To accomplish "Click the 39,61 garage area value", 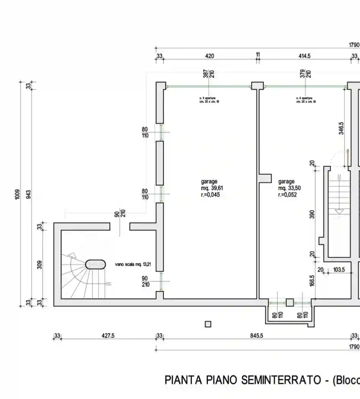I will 215,188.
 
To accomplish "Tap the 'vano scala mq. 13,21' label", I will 133,264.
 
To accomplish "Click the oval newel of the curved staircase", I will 95,264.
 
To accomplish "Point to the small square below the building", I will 208,324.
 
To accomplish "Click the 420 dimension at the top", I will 209,56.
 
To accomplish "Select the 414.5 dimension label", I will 304,56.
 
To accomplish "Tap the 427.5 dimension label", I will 108,336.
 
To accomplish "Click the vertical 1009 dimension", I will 17,194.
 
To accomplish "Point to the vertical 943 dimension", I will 29,194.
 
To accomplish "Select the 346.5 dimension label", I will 341,128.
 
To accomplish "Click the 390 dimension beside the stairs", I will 312,214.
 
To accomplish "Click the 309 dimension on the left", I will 40,264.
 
